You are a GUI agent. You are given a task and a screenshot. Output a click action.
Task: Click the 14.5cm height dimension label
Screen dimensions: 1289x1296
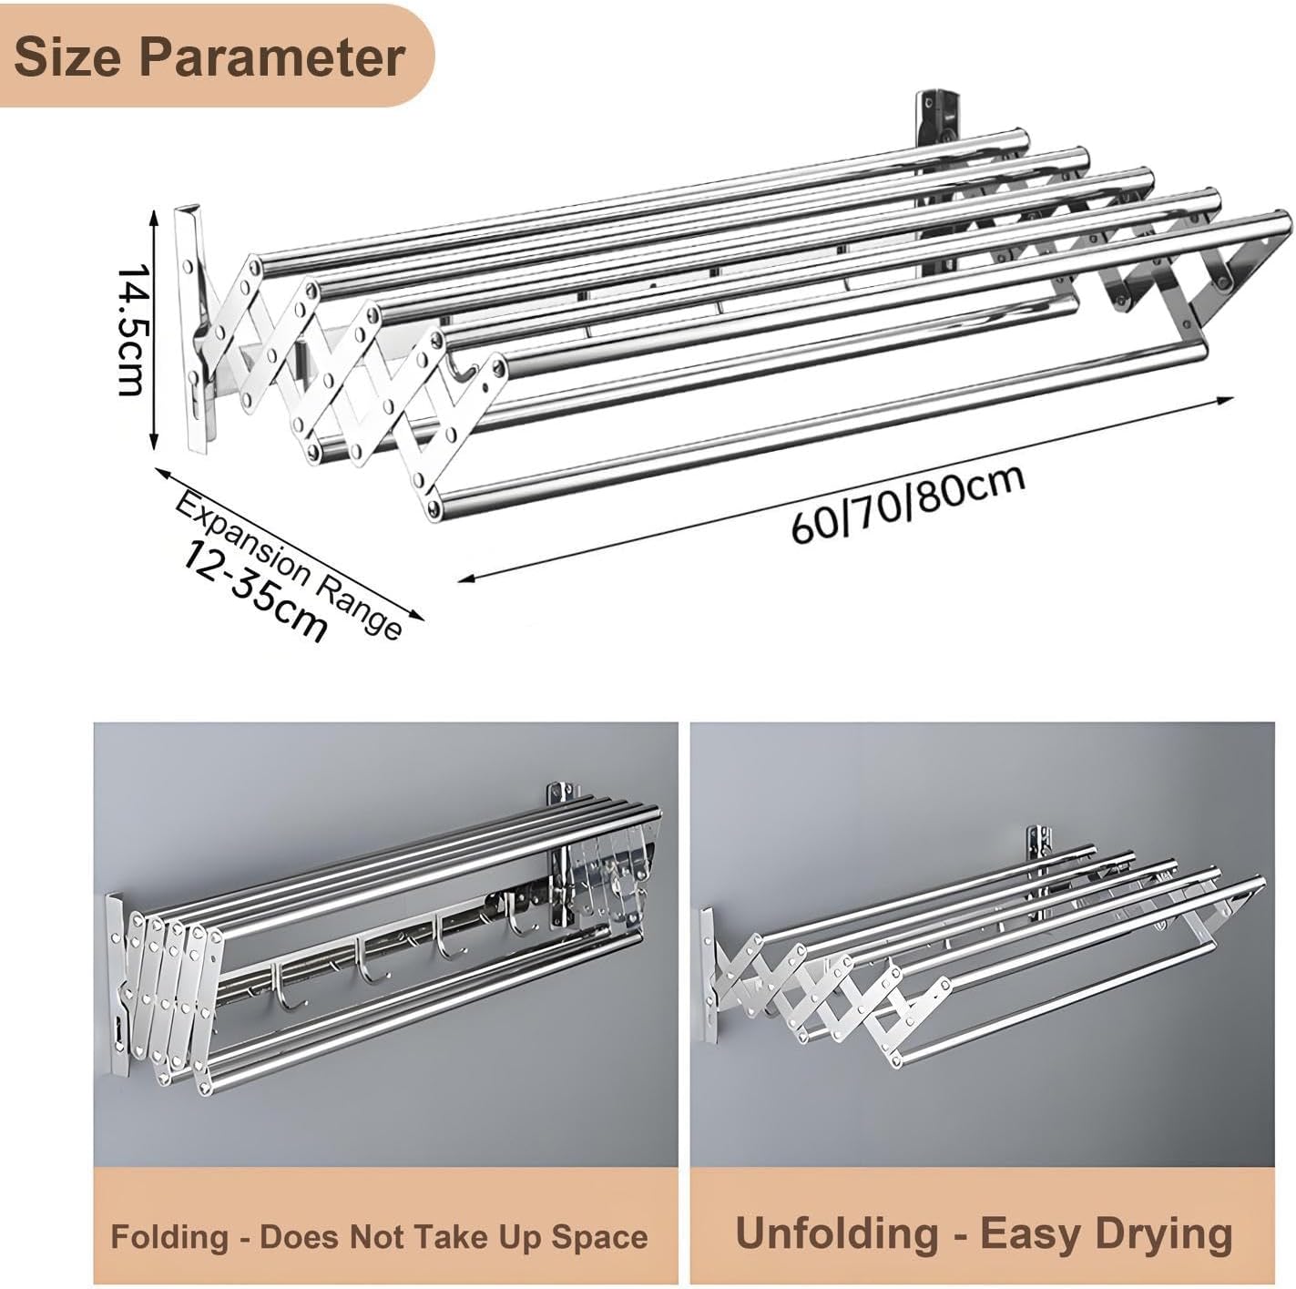(x=132, y=329)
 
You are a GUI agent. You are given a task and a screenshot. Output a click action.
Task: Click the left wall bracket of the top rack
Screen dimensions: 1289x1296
(x=196, y=328)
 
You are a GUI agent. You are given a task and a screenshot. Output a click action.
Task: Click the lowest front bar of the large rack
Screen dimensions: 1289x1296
(x=820, y=426)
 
